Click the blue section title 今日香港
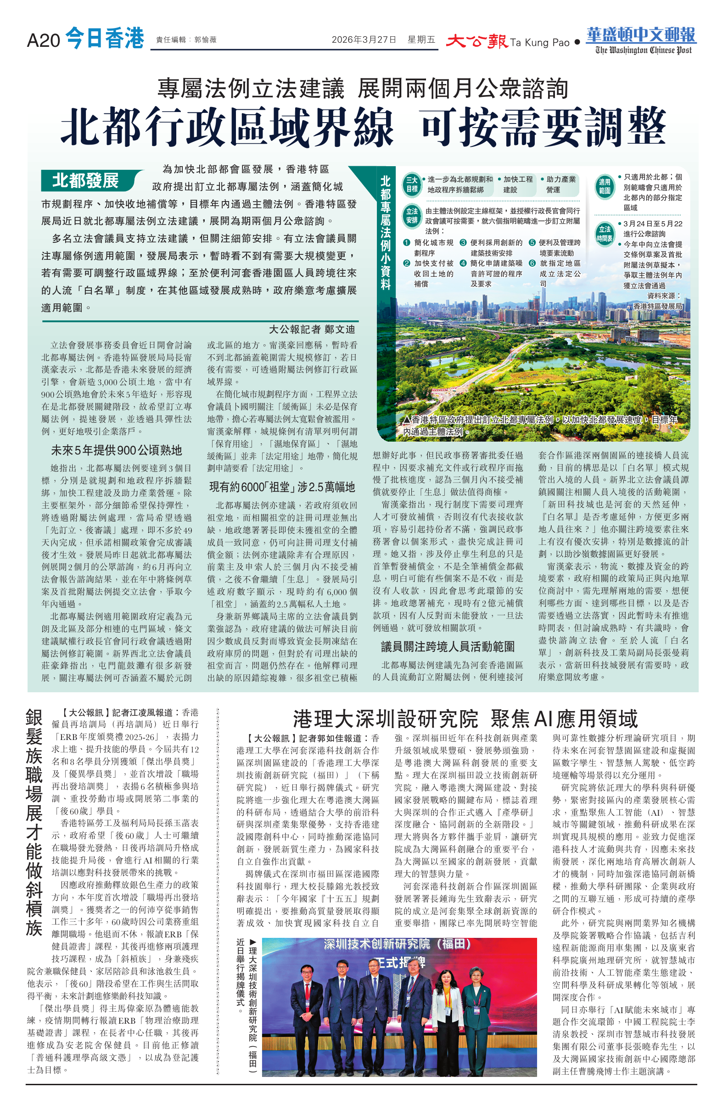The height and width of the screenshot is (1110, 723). coord(105,38)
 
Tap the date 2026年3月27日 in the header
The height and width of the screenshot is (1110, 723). coord(364,39)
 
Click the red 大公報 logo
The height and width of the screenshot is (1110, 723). coord(476,41)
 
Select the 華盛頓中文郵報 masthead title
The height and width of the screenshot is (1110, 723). coord(641,35)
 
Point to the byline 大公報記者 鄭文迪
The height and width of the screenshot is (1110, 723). coord(312,329)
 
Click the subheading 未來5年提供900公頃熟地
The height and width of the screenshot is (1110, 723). coord(116,450)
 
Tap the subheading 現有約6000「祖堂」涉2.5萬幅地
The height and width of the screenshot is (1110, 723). coord(282,488)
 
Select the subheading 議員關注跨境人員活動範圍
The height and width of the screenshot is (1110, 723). coord(448,646)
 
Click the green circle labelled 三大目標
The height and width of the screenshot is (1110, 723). coord(412,184)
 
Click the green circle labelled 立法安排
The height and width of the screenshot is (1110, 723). coord(412,215)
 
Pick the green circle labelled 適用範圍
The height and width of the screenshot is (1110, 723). coord(605,186)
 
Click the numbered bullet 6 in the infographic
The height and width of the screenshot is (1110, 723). coord(532,263)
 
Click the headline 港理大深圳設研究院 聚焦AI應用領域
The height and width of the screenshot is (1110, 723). coord(465,719)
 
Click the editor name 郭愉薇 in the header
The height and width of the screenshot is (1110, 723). coord(205,40)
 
